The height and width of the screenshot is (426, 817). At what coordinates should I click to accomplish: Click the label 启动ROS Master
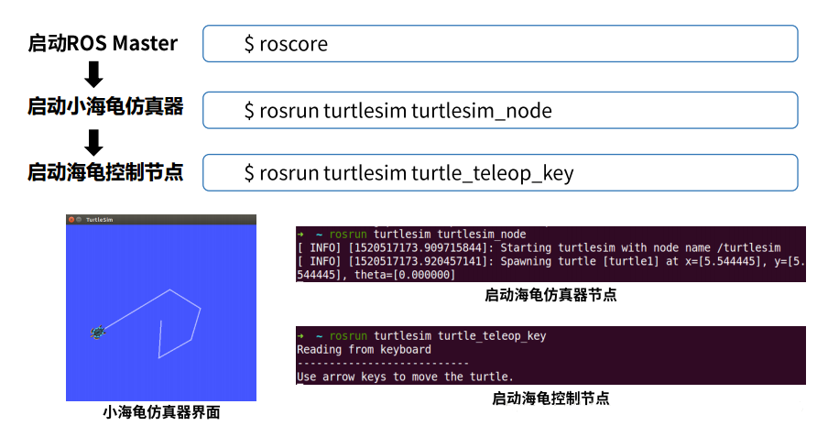click(103, 43)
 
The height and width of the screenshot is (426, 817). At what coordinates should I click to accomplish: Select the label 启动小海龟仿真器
click(105, 107)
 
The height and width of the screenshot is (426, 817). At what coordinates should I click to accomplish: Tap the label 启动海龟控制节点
click(105, 171)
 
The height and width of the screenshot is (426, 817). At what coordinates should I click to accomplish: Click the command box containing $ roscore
click(499, 44)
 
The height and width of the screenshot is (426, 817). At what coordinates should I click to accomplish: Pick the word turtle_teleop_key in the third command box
click(492, 172)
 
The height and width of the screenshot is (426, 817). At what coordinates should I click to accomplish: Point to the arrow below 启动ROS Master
click(93, 74)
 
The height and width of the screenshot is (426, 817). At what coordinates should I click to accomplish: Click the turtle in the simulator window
click(97, 332)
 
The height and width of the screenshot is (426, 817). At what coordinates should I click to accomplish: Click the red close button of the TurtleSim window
click(71, 220)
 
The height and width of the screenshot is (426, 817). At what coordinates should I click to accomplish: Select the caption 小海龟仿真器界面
click(161, 412)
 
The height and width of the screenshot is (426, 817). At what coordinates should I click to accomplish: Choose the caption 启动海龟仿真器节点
click(550, 295)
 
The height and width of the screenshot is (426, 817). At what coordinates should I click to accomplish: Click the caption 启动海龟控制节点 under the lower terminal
click(550, 399)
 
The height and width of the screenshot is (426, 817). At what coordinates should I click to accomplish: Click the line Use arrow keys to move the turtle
click(405, 377)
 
